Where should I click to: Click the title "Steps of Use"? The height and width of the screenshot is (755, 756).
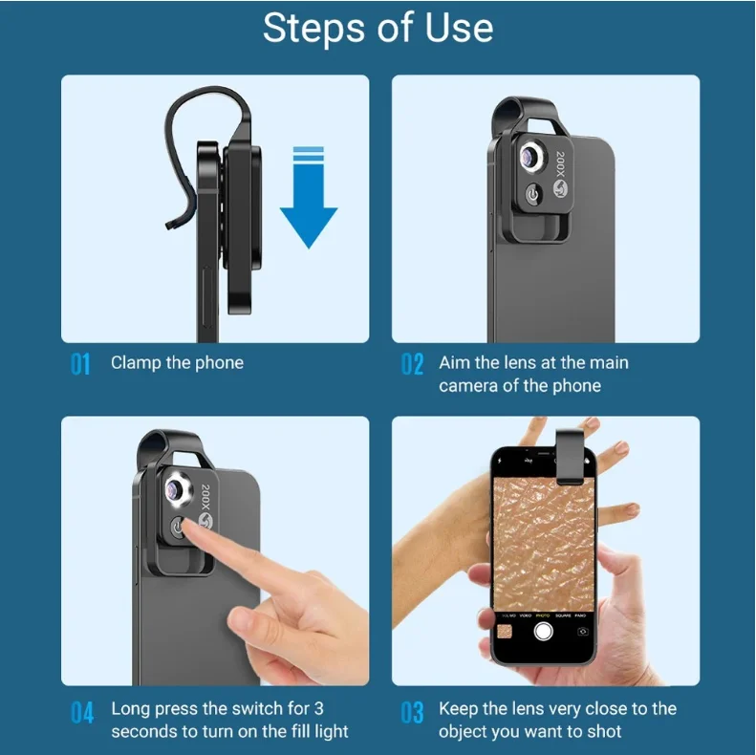(378, 29)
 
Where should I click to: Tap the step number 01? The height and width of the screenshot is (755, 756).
(80, 364)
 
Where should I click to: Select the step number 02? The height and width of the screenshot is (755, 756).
(412, 364)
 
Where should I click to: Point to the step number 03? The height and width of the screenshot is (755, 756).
(412, 711)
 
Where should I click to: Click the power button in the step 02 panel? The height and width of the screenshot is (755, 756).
(532, 195)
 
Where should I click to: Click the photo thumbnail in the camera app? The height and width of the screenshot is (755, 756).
(504, 631)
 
